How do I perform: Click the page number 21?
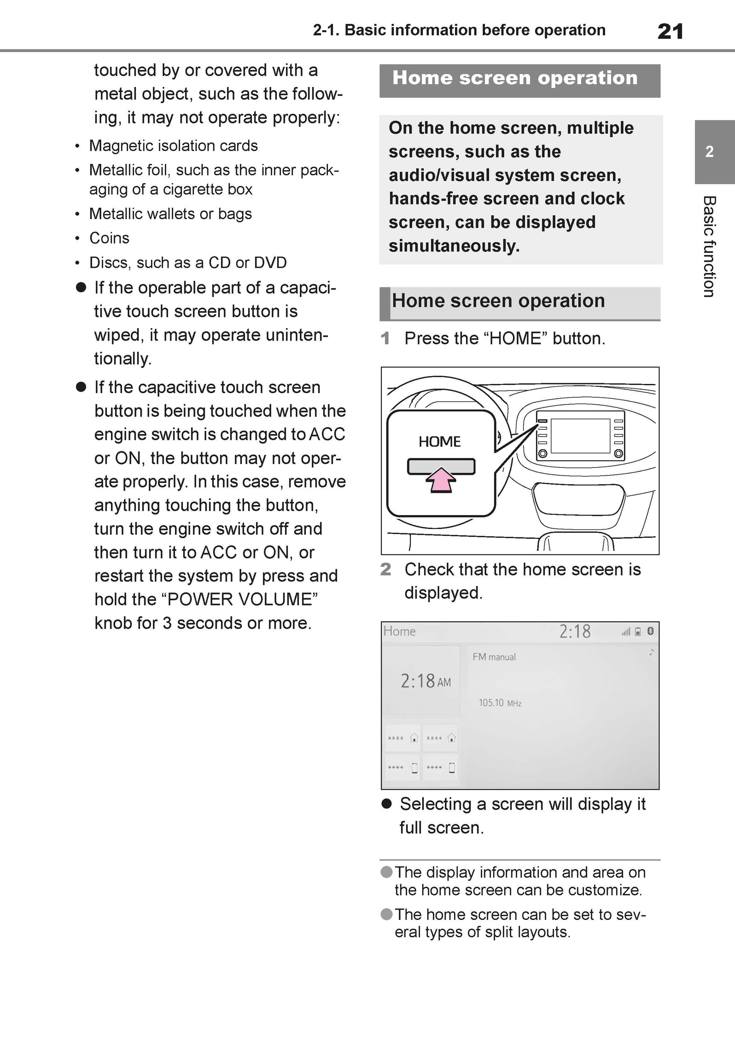[670, 32]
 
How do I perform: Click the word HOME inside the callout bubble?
[440, 441]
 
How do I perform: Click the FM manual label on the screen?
[494, 657]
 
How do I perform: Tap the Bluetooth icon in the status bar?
[651, 631]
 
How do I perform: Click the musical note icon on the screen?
[651, 652]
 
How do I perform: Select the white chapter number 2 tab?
[710, 152]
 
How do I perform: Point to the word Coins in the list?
[109, 238]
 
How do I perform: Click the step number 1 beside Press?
[385, 338]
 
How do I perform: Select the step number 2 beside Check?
[386, 569]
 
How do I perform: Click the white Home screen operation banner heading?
[515, 78]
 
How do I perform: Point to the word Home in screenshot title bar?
[399, 631]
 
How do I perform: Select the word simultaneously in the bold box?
[454, 246]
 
